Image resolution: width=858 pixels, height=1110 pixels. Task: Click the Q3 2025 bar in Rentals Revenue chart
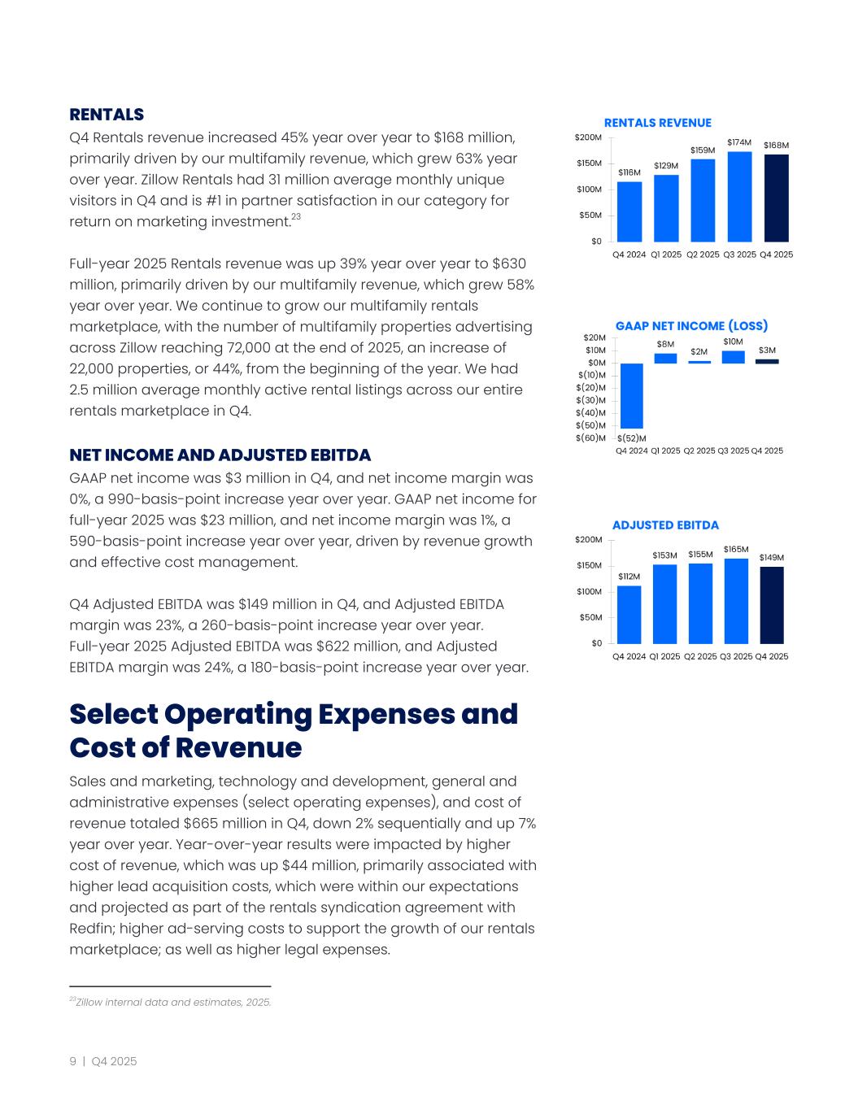click(x=739, y=197)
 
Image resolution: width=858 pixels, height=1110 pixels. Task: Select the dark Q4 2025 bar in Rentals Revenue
click(x=776, y=198)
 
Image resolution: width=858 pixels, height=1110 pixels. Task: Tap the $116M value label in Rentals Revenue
click(x=629, y=172)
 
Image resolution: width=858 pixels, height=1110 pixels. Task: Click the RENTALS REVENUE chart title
click(x=657, y=123)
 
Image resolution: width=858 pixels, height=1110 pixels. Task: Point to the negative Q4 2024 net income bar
click(x=631, y=395)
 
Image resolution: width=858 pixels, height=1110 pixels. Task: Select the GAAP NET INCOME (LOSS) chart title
click(x=691, y=326)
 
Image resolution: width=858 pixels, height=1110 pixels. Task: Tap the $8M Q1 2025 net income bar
click(x=665, y=359)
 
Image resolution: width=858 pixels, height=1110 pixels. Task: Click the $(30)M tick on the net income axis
click(x=591, y=400)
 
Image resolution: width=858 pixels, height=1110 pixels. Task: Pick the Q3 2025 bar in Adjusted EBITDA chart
click(x=736, y=601)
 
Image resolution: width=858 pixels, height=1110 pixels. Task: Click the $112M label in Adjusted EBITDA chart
click(x=629, y=577)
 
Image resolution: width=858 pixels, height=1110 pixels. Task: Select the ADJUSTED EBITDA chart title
click(x=665, y=525)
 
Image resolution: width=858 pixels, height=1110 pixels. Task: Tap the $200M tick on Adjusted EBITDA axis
click(x=588, y=540)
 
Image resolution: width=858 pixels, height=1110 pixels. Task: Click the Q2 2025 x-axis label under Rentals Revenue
click(x=703, y=255)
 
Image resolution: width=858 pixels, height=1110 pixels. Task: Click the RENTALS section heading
click(x=107, y=115)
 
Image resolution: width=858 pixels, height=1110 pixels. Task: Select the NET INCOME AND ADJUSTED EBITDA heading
click(x=220, y=455)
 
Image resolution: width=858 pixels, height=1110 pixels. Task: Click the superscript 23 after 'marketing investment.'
click(x=296, y=216)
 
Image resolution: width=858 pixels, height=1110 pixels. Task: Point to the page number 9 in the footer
click(x=73, y=1061)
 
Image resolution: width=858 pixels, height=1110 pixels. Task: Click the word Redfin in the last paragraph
click(x=94, y=929)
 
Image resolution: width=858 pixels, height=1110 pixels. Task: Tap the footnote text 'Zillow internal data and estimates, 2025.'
click(x=173, y=1003)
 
